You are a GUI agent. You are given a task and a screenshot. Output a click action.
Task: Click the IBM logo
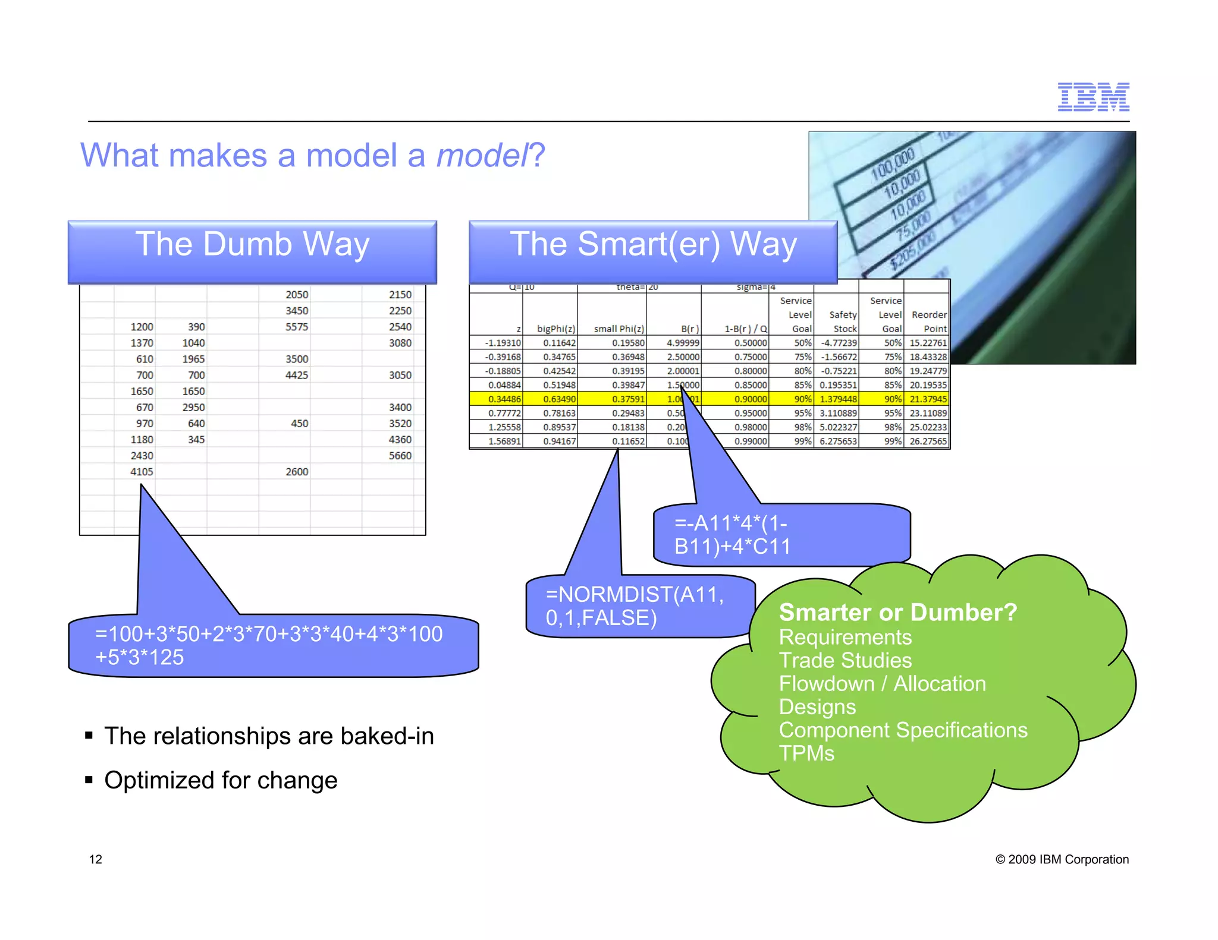coord(1093,97)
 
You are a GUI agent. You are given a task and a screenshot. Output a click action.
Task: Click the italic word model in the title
coord(482,156)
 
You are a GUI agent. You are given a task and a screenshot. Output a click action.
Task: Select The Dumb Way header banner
coord(252,251)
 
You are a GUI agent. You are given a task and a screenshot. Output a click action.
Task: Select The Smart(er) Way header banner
coord(653,251)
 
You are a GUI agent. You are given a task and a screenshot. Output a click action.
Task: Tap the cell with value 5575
coord(296,327)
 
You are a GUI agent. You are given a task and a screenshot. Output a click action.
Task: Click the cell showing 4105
coord(142,472)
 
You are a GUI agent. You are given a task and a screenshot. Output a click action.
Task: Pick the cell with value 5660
coord(400,456)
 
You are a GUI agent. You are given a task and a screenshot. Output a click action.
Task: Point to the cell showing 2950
coord(193,408)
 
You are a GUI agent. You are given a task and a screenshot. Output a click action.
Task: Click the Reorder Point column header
coord(928,321)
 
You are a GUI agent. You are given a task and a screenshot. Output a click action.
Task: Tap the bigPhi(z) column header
coord(555,329)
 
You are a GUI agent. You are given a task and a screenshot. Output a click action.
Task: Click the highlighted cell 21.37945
coord(928,399)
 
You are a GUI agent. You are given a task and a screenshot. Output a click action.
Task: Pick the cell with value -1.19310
coord(503,343)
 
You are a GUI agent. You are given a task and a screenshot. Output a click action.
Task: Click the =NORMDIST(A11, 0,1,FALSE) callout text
coord(634,606)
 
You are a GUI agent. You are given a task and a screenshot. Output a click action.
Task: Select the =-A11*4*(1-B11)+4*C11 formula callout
coord(732,535)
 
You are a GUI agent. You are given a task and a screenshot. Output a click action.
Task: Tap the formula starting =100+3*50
coord(269,645)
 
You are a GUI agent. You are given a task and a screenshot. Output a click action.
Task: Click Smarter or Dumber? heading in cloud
coord(897,612)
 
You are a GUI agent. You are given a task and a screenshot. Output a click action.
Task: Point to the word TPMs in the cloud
coord(806,753)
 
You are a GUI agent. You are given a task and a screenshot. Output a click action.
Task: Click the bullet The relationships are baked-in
coord(269,736)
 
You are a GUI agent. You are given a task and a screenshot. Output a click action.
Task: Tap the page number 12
coord(95,859)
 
